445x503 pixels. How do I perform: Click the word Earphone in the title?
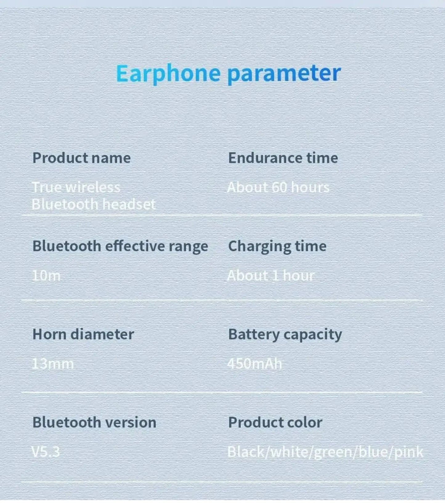tap(168, 73)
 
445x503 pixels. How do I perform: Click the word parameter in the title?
tap(284, 73)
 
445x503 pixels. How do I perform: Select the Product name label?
tap(82, 158)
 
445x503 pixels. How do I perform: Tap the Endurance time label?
tap(283, 158)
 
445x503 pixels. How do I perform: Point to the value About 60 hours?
tap(278, 187)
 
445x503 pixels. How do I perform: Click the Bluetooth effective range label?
tap(120, 246)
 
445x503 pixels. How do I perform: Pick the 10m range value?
tap(46, 275)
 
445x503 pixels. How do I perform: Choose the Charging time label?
tap(277, 246)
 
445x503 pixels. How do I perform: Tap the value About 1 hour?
tap(270, 275)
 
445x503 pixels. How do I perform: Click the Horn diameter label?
tap(83, 334)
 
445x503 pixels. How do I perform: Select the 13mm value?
tap(53, 364)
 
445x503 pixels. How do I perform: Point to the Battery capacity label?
tap(285, 335)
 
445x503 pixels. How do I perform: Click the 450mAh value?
tap(254, 364)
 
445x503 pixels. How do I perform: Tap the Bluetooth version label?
tap(94, 423)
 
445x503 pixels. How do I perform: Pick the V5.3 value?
tap(46, 452)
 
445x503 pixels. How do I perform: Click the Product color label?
tap(275, 423)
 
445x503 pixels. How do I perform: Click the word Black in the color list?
tap(246, 452)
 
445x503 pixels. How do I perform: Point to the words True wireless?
tap(76, 187)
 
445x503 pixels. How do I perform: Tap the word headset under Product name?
tap(129, 204)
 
